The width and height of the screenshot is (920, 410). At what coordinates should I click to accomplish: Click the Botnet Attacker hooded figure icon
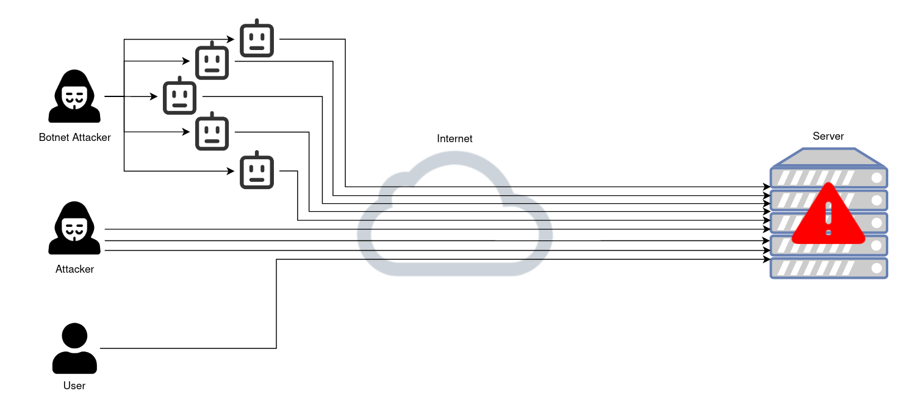pos(74,97)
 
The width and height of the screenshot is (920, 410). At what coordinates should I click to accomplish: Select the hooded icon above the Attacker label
pos(74,229)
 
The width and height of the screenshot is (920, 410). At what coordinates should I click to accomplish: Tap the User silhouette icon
pos(74,348)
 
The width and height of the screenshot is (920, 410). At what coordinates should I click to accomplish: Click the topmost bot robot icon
pos(256,40)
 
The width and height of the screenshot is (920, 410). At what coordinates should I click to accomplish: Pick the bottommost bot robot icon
pos(256,171)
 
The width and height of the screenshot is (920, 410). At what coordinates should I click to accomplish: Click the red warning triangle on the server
pos(828,215)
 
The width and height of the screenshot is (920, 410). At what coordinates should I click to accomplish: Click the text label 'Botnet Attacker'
pos(74,137)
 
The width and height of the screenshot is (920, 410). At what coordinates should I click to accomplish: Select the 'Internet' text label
pos(455,138)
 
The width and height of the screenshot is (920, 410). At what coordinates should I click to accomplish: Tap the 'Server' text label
pos(828,136)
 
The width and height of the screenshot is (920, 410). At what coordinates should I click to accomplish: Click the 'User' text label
pos(74,386)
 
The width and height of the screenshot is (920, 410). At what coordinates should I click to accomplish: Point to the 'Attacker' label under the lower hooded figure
pos(74,269)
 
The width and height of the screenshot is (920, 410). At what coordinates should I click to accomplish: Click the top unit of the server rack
pos(828,178)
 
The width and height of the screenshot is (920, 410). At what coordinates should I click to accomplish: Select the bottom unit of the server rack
pos(828,268)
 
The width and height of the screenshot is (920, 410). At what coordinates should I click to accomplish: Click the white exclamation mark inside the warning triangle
pos(828,217)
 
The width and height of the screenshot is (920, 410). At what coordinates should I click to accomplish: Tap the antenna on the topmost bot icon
pos(256,22)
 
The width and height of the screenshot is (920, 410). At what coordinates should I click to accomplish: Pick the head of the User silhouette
pos(74,336)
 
